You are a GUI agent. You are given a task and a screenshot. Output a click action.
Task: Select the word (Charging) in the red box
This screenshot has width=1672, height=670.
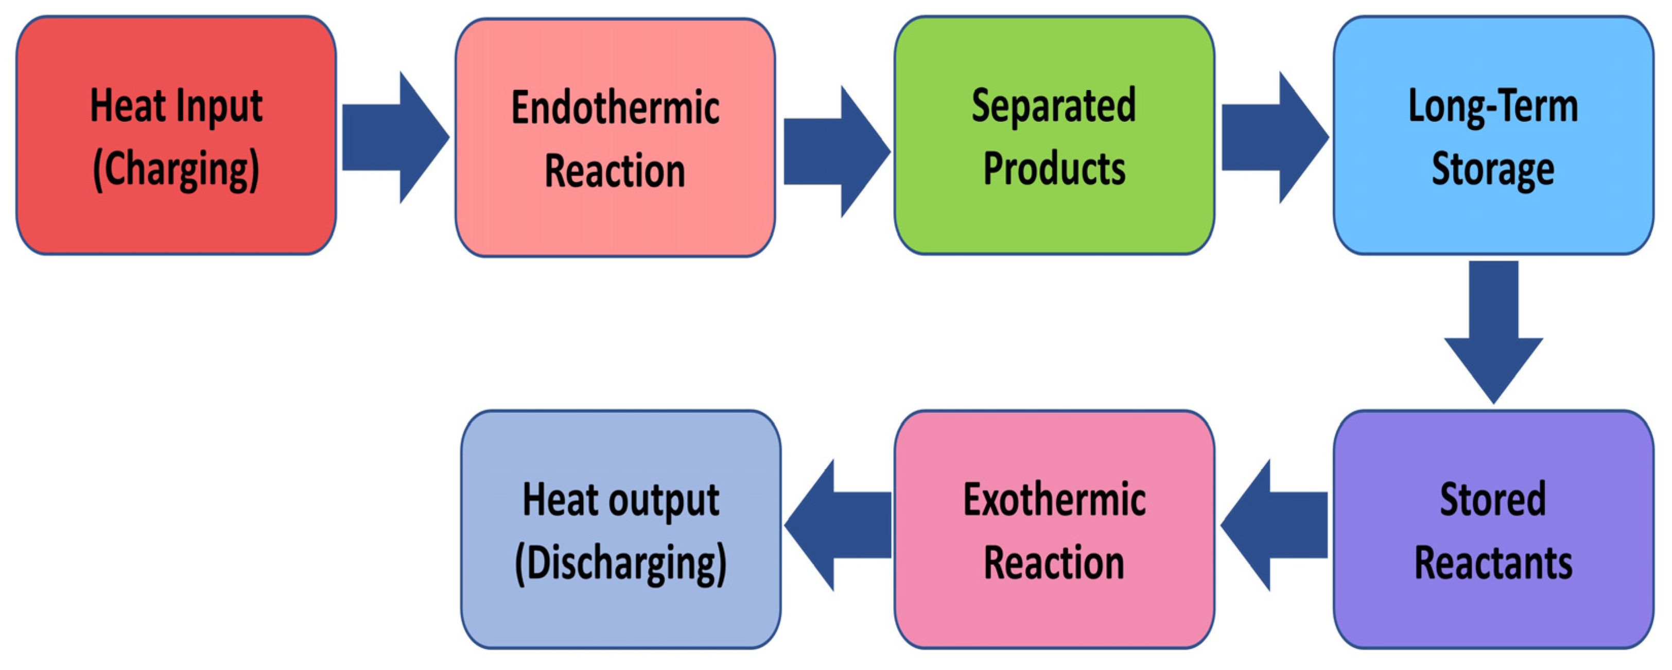[176, 170]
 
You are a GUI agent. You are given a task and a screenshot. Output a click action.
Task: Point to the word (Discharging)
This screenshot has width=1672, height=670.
[620, 563]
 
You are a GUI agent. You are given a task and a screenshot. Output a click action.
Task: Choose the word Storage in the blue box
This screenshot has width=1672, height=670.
[1493, 169]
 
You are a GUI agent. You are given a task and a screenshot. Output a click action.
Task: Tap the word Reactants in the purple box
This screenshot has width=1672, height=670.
[1493, 563]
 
